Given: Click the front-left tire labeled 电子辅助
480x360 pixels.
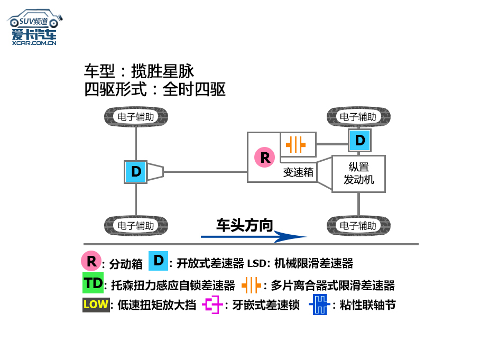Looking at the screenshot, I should click(x=358, y=117).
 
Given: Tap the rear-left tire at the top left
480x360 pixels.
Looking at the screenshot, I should click(x=136, y=117).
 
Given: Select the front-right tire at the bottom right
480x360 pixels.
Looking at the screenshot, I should click(x=358, y=226).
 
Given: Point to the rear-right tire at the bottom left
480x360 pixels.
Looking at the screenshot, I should click(x=136, y=226).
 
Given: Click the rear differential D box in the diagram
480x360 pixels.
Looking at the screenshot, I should click(x=136, y=172).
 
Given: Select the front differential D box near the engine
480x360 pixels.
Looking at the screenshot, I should click(x=359, y=140).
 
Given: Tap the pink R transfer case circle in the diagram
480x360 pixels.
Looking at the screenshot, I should click(x=265, y=157).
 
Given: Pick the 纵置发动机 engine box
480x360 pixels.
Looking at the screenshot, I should click(x=358, y=173).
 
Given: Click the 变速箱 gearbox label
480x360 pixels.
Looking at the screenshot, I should click(x=298, y=172).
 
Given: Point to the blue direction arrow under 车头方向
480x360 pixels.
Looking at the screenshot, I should click(x=254, y=237).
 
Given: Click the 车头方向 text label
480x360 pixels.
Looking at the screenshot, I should click(x=244, y=225).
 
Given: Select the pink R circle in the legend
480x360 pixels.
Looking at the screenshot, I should click(x=91, y=261).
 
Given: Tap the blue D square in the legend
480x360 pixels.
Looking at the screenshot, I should click(x=158, y=261).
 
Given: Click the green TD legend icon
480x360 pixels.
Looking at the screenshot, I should click(x=93, y=283).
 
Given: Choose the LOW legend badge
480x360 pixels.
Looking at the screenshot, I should click(x=96, y=304).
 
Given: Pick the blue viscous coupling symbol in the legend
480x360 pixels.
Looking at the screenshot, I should click(x=319, y=305).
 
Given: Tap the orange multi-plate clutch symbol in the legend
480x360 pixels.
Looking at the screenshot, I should click(x=251, y=285).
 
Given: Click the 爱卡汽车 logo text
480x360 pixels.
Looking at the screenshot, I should click(x=34, y=35).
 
